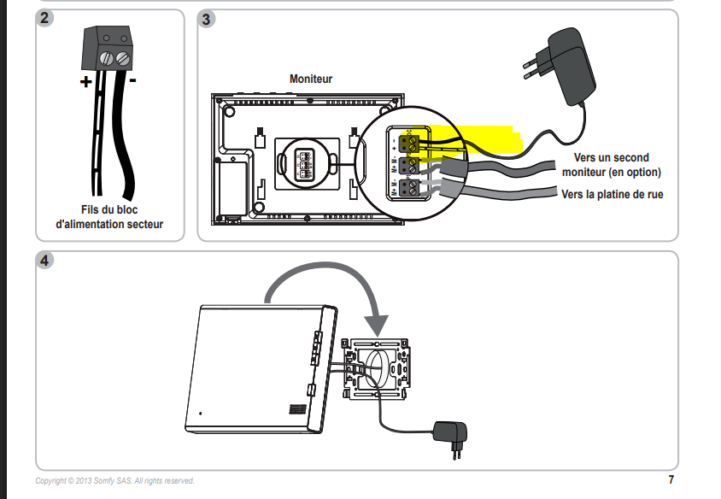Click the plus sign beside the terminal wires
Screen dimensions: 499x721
point(86,83)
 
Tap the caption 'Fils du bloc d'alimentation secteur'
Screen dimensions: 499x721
point(108,217)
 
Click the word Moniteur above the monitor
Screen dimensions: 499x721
point(311,79)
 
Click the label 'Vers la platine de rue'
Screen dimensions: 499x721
point(613,195)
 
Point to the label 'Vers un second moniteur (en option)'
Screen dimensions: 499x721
point(613,165)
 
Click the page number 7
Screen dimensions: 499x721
point(671,479)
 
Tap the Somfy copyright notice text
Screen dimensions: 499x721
point(114,481)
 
